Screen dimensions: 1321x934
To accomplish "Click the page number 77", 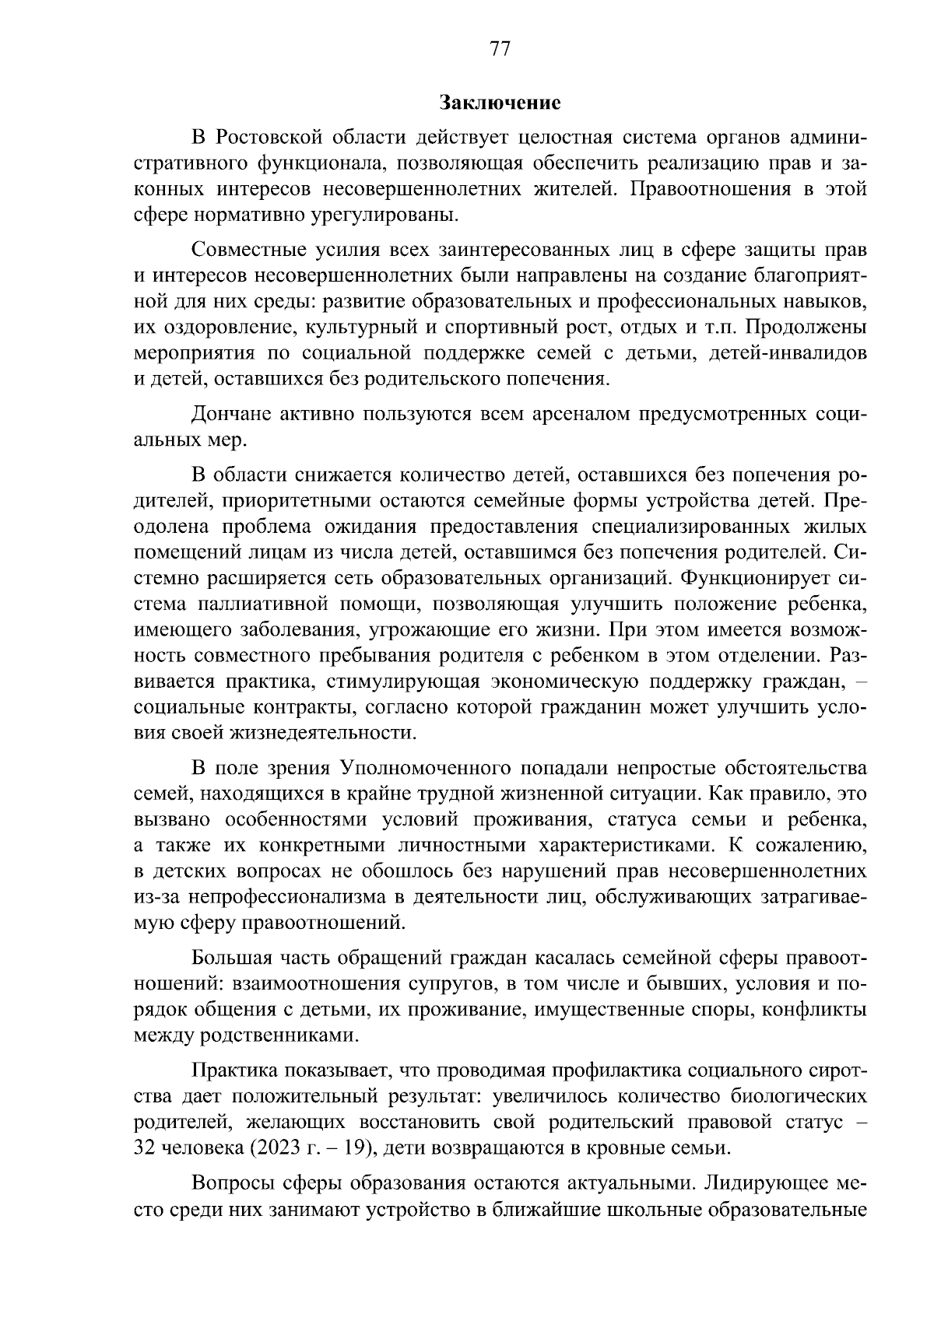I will tap(500, 49).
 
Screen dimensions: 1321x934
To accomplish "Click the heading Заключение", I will tap(500, 102).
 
